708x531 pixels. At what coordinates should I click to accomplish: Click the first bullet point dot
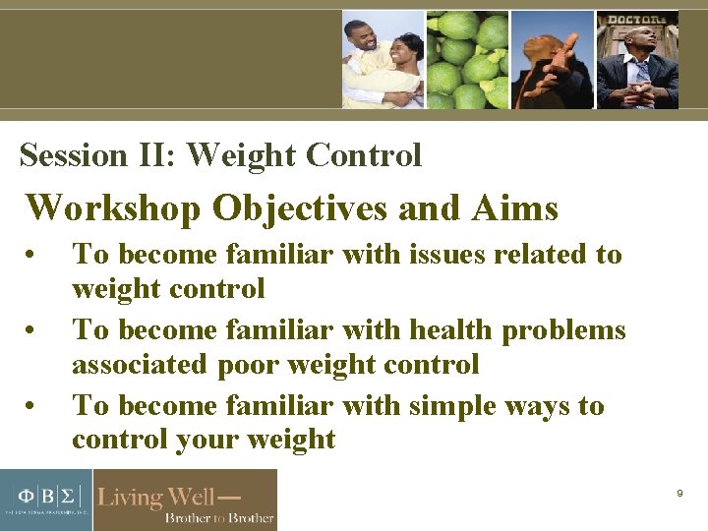33,256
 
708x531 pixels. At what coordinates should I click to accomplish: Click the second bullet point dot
33,331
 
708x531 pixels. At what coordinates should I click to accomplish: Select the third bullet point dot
33,407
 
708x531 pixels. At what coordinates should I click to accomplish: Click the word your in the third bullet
207,440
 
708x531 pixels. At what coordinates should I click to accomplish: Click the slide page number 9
679,494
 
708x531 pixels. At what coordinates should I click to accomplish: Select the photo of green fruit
467,59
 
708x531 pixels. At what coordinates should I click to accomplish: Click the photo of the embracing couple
383,59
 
